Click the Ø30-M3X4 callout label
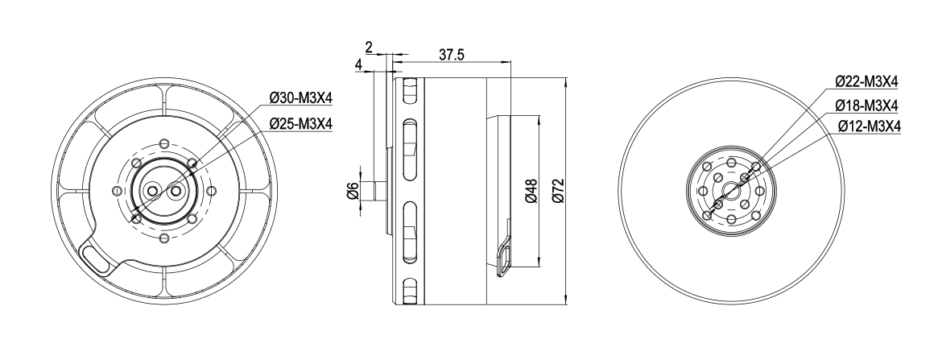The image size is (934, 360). [301, 97]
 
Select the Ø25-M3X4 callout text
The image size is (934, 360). [301, 123]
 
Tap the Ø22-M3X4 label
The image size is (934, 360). [866, 81]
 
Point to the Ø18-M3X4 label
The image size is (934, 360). [866, 106]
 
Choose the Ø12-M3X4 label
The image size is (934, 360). [869, 126]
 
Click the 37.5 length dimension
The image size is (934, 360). [453, 54]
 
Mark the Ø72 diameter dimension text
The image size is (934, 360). [558, 190]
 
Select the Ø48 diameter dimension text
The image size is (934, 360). [531, 190]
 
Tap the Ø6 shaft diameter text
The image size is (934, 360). [353, 191]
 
